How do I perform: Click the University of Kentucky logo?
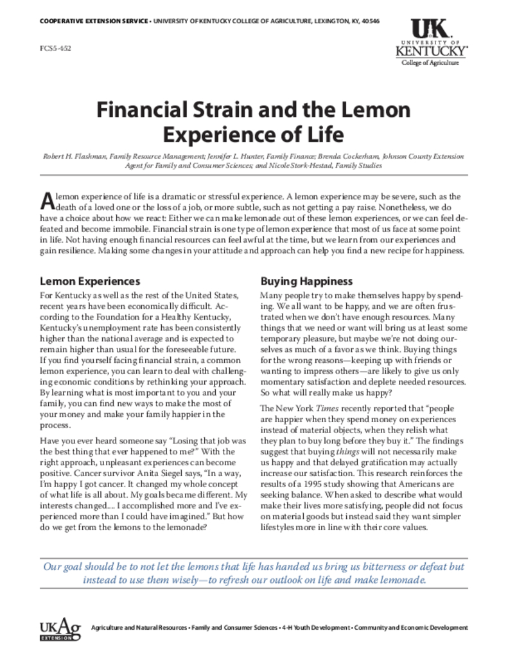pyautogui.click(x=430, y=39)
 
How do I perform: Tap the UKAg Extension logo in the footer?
pyautogui.click(x=58, y=628)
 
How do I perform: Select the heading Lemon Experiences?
pyautogui.click(x=90, y=281)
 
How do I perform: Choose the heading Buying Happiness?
pyautogui.click(x=306, y=281)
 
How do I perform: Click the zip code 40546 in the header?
pyautogui.click(x=370, y=21)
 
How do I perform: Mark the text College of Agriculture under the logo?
pyautogui.click(x=430, y=63)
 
